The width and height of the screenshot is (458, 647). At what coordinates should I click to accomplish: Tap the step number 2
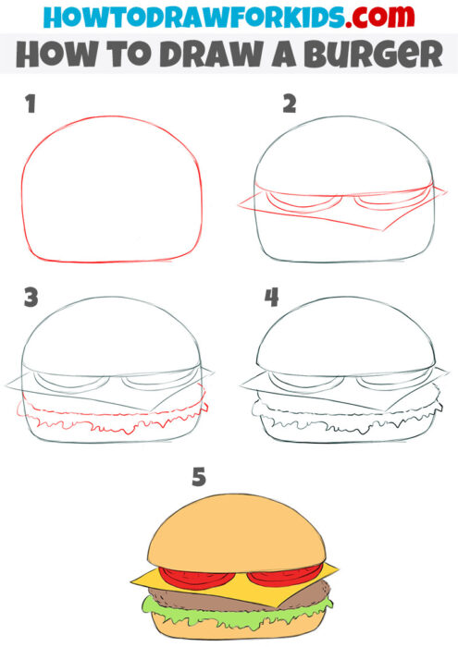[x=291, y=104]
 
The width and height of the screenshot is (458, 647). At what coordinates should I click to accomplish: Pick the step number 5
[x=197, y=477]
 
